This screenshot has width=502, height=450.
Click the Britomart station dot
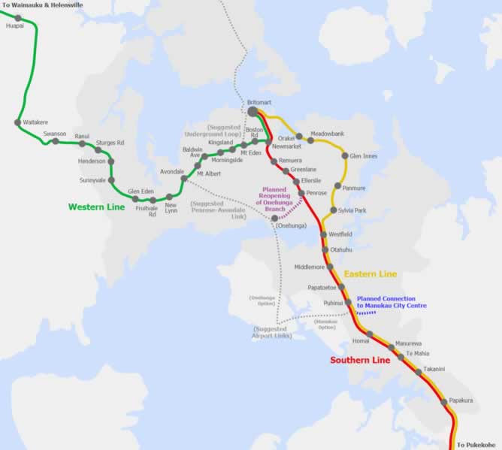[x=253, y=112]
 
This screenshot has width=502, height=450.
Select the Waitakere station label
[x=36, y=121]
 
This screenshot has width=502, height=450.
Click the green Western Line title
[x=96, y=207]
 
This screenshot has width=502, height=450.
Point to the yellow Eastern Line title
[x=370, y=274]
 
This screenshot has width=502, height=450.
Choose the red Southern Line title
[x=360, y=361]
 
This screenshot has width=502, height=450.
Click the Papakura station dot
[x=443, y=401]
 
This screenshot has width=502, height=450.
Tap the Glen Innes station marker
[x=345, y=156]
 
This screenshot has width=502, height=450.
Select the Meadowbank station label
[x=326, y=131]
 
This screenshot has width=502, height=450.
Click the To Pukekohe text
[x=478, y=445]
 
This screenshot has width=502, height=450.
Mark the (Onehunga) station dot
[x=274, y=218]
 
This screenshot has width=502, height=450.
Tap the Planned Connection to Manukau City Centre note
[x=392, y=302]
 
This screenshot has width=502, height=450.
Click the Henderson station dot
[x=111, y=161]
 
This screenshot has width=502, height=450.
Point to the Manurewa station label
[x=409, y=343]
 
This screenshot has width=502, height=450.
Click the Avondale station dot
[x=184, y=179]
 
